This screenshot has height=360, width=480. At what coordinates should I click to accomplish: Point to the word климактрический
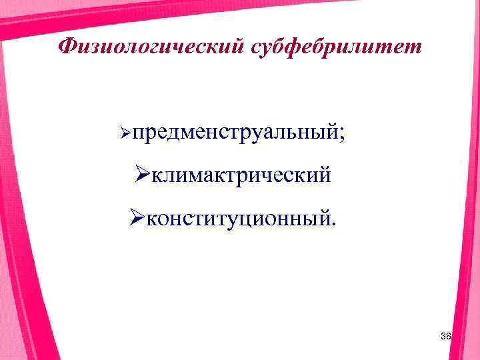pyautogui.click(x=241, y=175)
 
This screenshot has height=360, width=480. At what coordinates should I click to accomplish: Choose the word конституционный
pyautogui.click(x=239, y=217)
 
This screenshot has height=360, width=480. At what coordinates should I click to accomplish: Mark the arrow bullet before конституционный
pyautogui.click(x=137, y=217)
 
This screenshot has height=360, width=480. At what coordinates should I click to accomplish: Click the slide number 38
pyautogui.click(x=446, y=339)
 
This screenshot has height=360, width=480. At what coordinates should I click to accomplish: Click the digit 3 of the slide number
pyautogui.click(x=443, y=339)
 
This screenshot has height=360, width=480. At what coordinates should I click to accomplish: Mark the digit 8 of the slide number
pyautogui.click(x=449, y=339)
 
